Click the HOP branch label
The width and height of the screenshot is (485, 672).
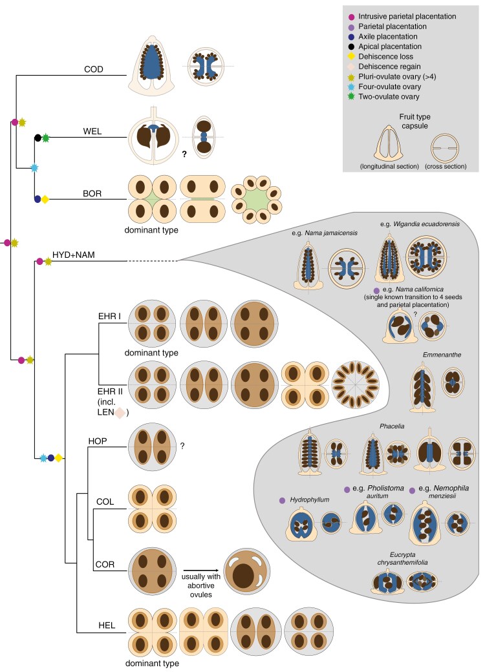[x=98, y=441]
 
